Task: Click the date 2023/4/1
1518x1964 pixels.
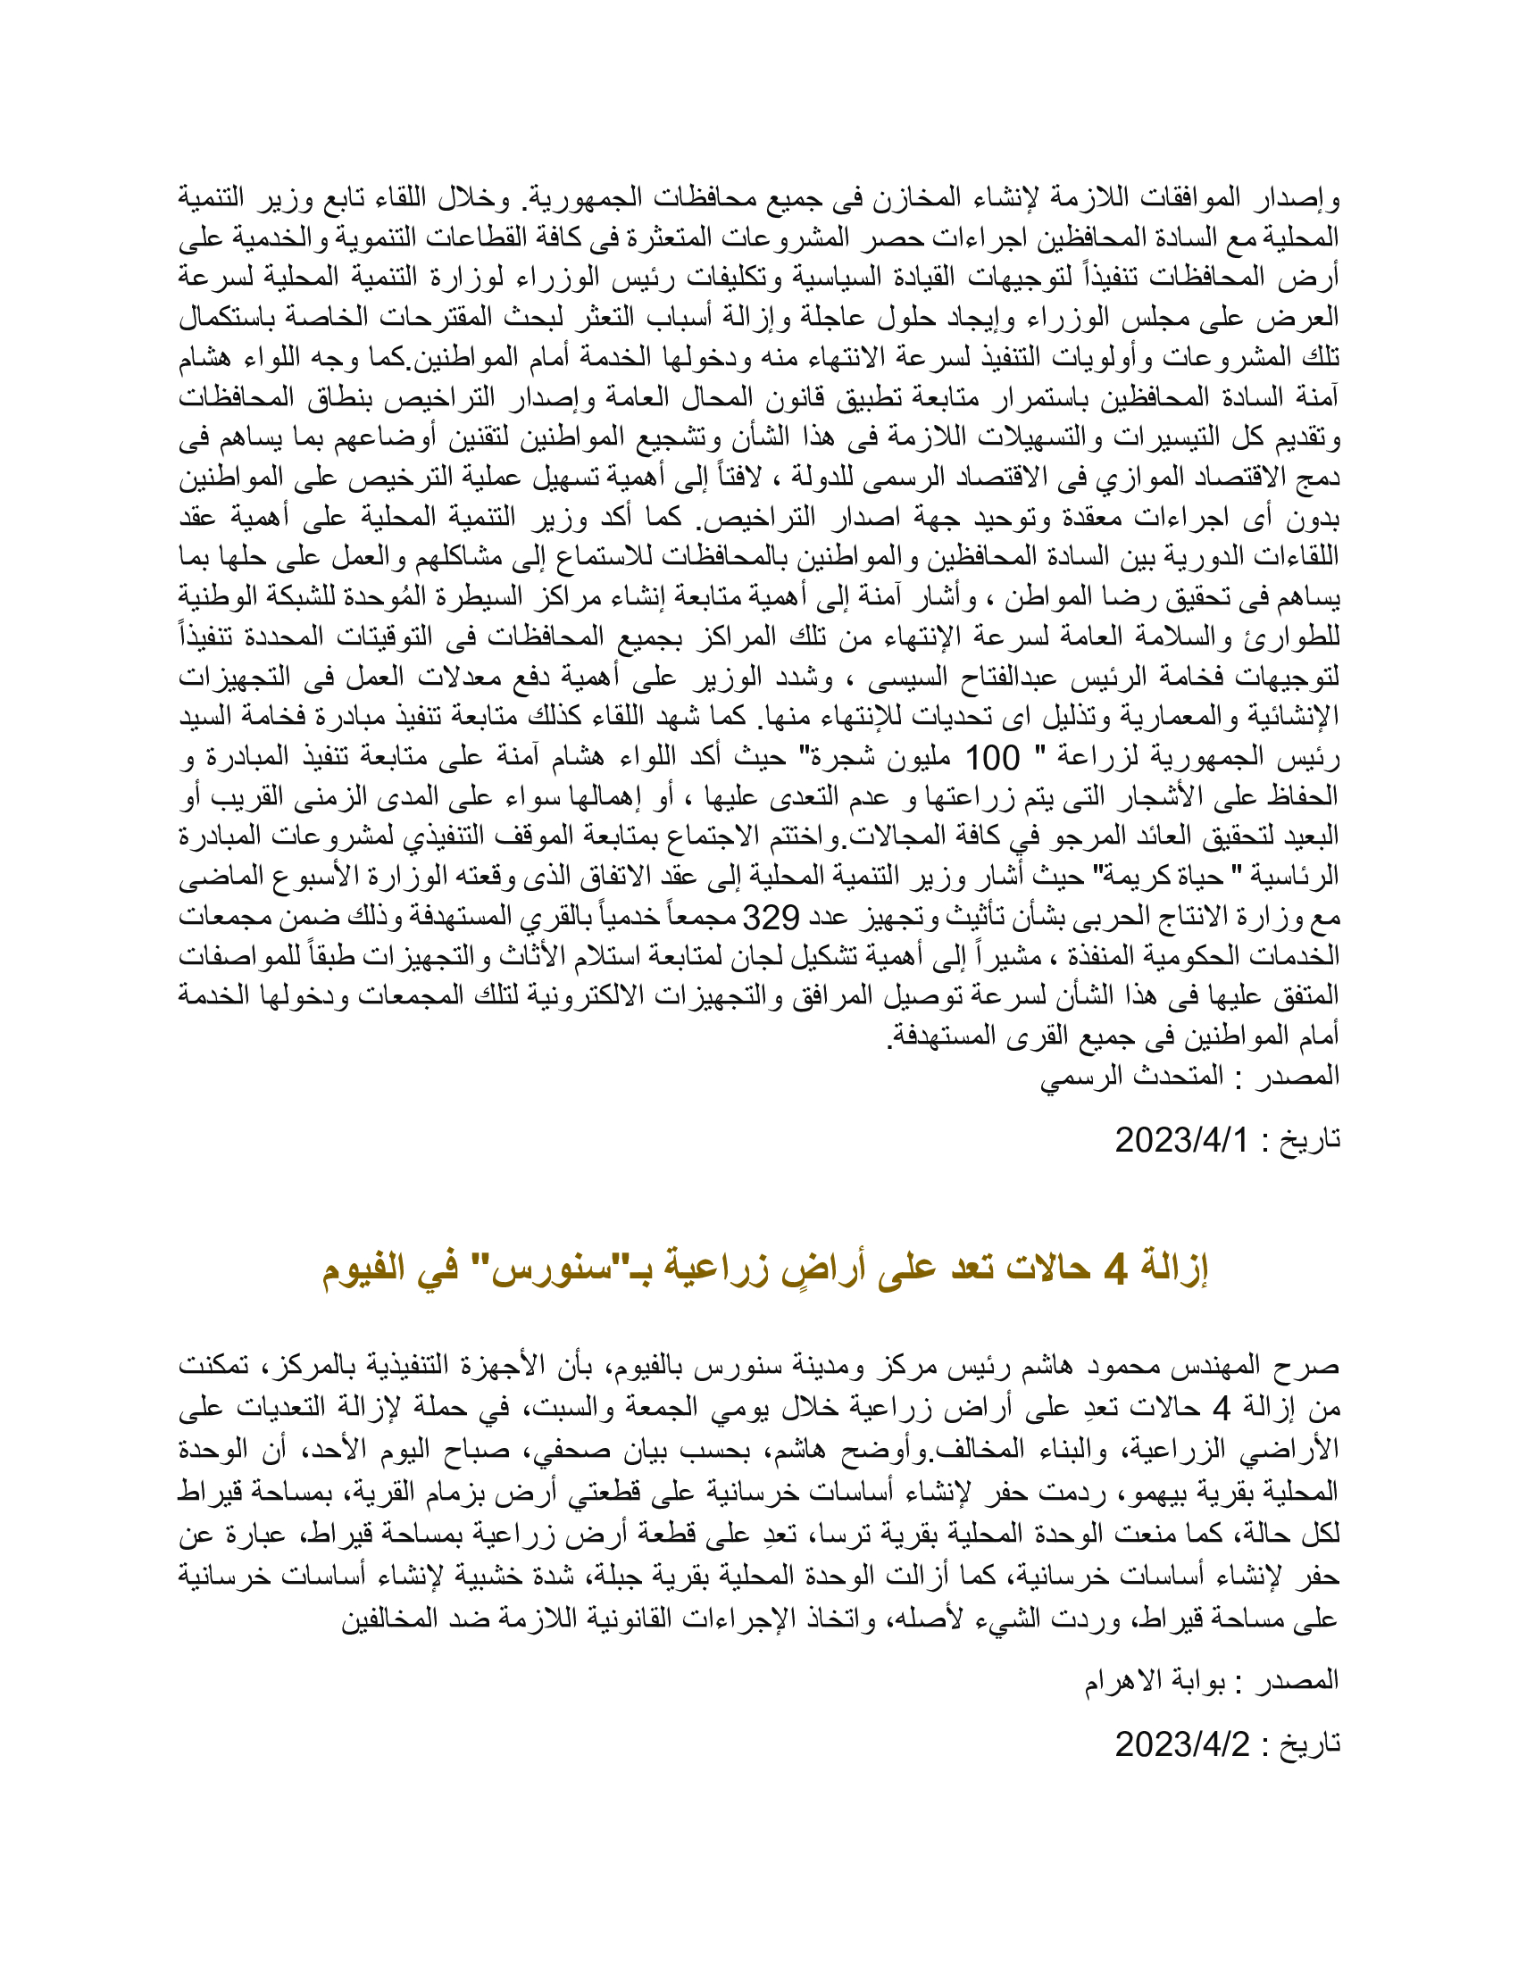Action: click(x=1181, y=1140)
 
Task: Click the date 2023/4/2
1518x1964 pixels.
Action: click(x=1181, y=1744)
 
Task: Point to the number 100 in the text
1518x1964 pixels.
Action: click(x=993, y=757)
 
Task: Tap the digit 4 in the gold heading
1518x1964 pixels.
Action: click(x=1115, y=1269)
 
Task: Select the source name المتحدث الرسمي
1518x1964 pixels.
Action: click(x=1133, y=1076)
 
